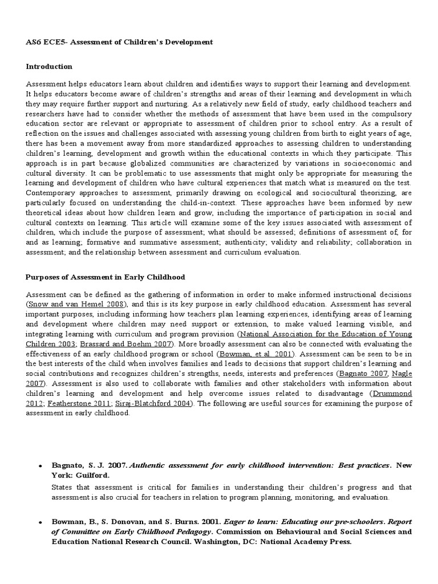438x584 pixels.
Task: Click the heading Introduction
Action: (x=49, y=67)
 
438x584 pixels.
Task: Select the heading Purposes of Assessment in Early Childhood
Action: (x=106, y=277)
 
